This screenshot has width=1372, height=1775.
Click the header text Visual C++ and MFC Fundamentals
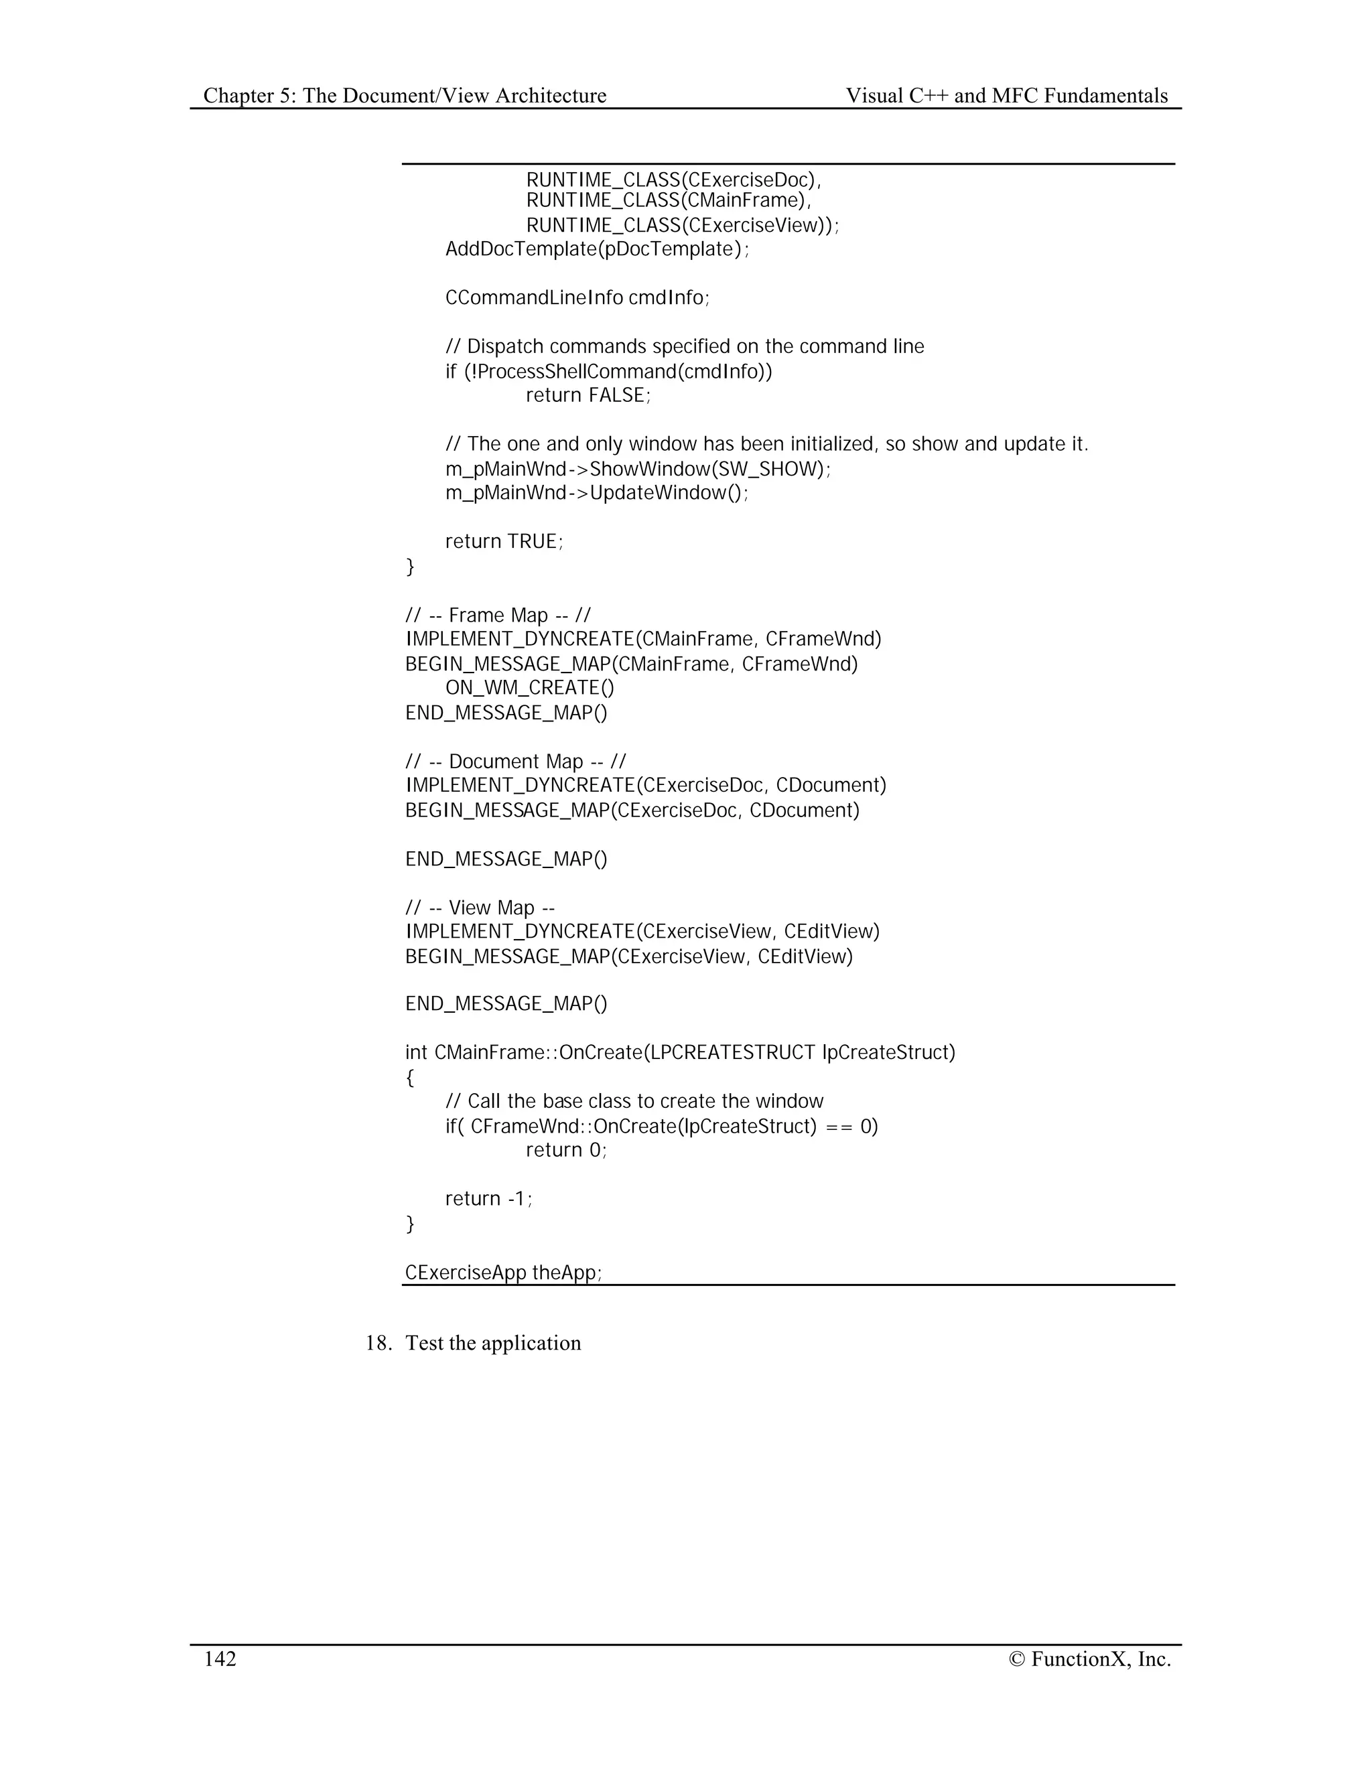[x=1006, y=96]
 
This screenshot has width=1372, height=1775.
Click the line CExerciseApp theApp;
[x=503, y=1272]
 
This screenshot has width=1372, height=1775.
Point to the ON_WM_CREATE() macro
[x=530, y=688]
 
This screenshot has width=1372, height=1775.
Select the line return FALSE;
[x=588, y=395]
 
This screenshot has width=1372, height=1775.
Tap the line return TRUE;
[x=504, y=541]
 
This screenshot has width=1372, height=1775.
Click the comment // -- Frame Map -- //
[x=498, y=616]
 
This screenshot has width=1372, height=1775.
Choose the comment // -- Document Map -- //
[x=515, y=762]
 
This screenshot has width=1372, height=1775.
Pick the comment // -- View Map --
[x=480, y=908]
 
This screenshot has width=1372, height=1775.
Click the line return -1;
[x=488, y=1198]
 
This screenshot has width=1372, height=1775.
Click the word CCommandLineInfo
[x=534, y=297]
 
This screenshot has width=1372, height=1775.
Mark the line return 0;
[x=565, y=1149]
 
